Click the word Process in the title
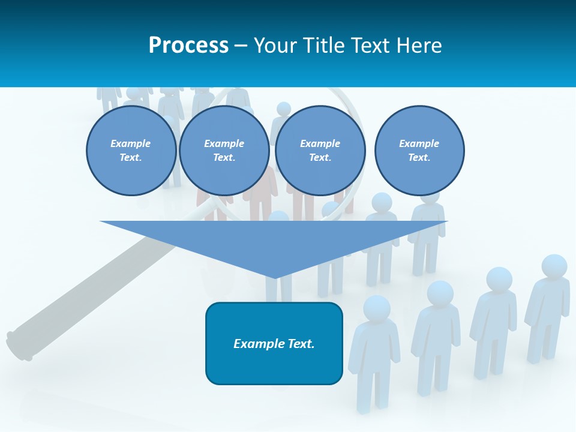(x=188, y=46)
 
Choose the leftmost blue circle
(x=131, y=151)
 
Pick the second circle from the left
(x=224, y=151)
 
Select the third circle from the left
(x=320, y=151)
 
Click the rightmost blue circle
(x=419, y=151)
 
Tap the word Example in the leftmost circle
(x=131, y=143)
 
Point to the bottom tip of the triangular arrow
(x=275, y=277)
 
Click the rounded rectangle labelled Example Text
(x=274, y=343)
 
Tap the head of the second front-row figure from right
(x=499, y=279)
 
